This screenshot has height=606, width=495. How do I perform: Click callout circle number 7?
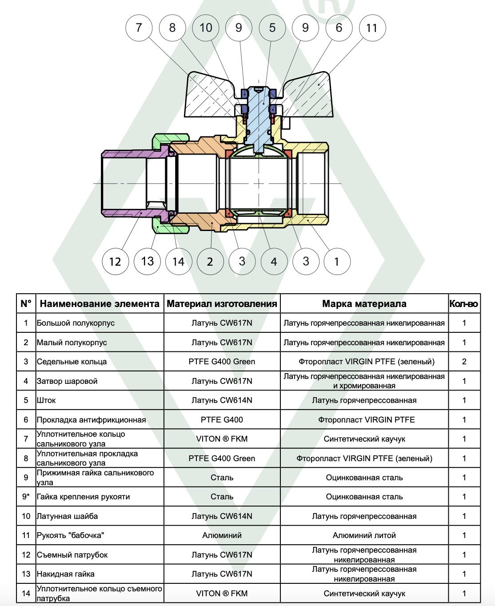139,28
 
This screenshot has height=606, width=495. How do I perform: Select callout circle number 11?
372,28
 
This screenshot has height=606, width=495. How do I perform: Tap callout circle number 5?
272,28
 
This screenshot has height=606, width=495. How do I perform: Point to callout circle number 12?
115,262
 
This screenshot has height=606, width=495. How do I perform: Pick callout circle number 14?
179,262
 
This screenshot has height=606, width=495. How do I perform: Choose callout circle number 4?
274,262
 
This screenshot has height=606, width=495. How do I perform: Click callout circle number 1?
337,262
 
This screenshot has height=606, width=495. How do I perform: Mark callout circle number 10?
206,28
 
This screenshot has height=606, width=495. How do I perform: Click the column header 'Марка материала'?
364,304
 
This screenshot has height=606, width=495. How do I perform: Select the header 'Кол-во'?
463,304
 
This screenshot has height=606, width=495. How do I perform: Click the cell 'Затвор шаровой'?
67,381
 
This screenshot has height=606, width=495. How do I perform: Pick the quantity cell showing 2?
464,362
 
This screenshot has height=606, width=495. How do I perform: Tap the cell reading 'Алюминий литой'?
364,535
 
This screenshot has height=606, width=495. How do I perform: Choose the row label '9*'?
26,497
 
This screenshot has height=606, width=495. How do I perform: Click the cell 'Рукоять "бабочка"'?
70,535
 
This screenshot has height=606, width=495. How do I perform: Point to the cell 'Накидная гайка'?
65,574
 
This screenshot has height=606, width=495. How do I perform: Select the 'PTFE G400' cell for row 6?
222,420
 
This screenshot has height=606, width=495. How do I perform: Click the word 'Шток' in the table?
46,400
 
